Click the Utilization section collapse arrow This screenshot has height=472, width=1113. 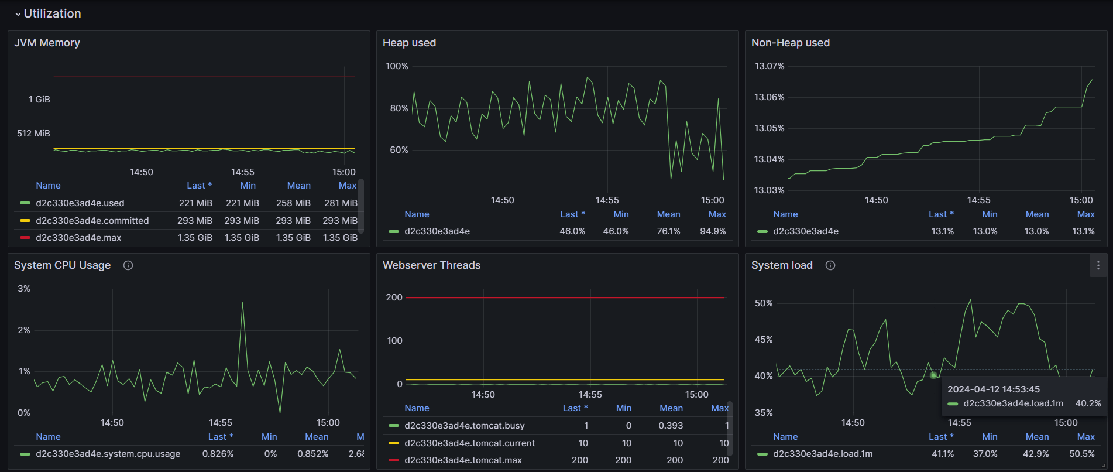(x=18, y=14)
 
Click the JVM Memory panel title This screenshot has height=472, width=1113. (x=47, y=43)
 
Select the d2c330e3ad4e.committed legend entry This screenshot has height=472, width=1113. (x=92, y=221)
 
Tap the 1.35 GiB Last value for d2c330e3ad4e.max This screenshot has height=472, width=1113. (x=195, y=238)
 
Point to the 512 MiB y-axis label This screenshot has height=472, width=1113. (x=33, y=134)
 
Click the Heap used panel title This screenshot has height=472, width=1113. (x=409, y=43)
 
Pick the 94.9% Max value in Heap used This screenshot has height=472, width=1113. (x=713, y=231)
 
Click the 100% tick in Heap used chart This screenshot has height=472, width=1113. (x=397, y=66)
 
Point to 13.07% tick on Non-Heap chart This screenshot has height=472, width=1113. (x=769, y=66)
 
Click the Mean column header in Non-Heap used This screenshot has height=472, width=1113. (x=1037, y=214)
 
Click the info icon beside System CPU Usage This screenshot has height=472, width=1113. (x=128, y=265)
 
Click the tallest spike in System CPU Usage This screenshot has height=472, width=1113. (x=242, y=303)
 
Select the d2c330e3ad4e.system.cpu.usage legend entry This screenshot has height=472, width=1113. (x=108, y=454)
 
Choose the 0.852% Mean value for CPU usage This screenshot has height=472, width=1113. (x=312, y=454)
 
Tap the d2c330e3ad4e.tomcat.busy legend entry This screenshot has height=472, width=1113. (x=464, y=426)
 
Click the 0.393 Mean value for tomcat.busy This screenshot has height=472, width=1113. (x=671, y=426)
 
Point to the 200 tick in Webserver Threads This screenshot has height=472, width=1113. (x=394, y=297)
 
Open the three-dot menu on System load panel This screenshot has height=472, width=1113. (x=1098, y=265)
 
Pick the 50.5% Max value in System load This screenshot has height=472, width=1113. (x=1081, y=454)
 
